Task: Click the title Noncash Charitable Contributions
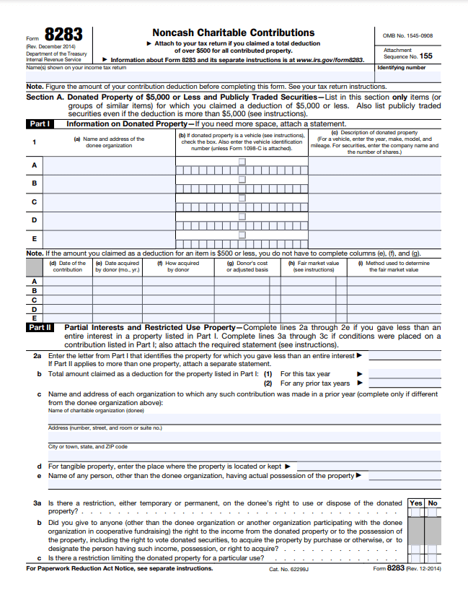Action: pyautogui.click(x=233, y=32)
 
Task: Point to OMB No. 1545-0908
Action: pyautogui.click(x=408, y=35)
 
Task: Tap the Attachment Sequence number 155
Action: pyautogui.click(x=425, y=56)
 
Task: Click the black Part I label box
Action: pyautogui.click(x=39, y=123)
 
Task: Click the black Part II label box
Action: pyautogui.click(x=39, y=327)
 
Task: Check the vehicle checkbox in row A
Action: pyautogui.click(x=242, y=161)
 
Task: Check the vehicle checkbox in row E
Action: pyautogui.click(x=242, y=234)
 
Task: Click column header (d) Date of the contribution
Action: pyautogui.click(x=67, y=266)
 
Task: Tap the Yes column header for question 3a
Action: pyautogui.click(x=416, y=503)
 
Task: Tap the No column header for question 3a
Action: pyautogui.click(x=433, y=503)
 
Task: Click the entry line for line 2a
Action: pyautogui.click(x=404, y=356)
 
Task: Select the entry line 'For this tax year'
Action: pyautogui.click(x=404, y=374)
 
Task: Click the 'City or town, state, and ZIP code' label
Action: pyautogui.click(x=88, y=447)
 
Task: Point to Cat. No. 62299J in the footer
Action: pyautogui.click(x=288, y=569)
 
